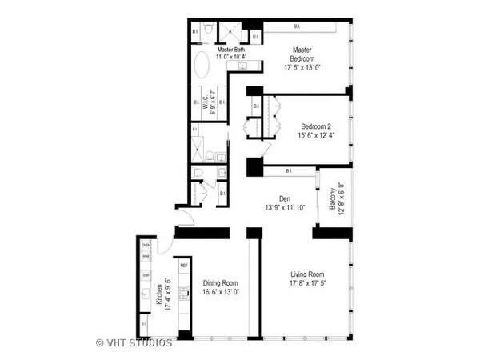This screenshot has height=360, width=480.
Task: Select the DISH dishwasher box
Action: click(x=146, y=274)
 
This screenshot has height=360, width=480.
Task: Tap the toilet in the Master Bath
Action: click(x=206, y=30)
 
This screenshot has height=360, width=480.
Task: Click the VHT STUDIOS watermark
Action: click(x=134, y=343)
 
